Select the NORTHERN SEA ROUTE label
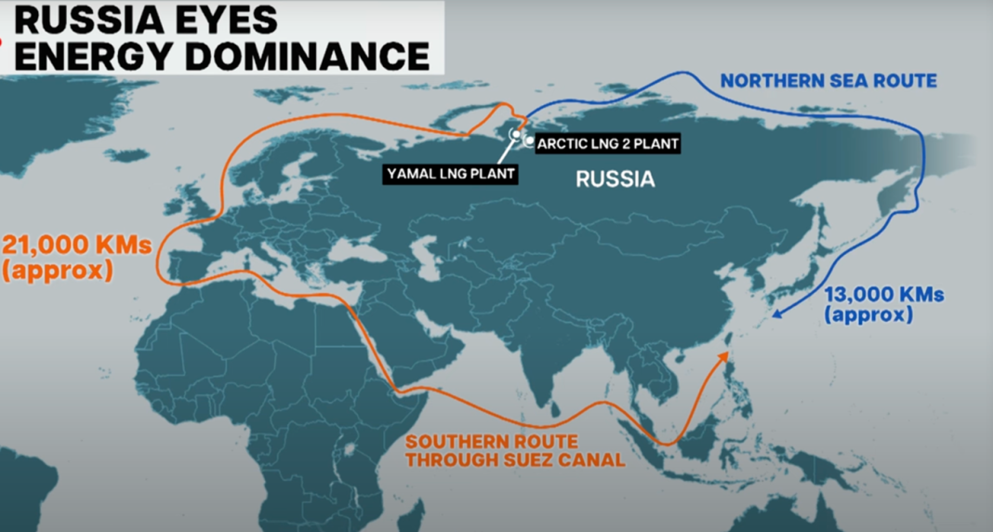[828, 81]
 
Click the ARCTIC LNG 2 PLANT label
[608, 143]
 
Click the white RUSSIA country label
[616, 180]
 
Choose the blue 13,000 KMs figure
[885, 295]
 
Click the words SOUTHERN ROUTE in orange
[490, 441]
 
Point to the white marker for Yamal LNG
[515, 135]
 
